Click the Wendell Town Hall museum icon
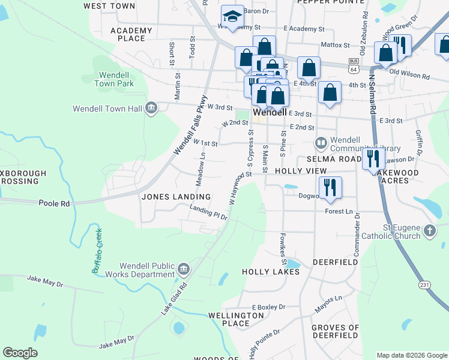click(151, 108)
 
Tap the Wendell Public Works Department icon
click(183, 268)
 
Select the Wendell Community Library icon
click(321, 143)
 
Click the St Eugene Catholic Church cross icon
click(429, 230)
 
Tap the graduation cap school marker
click(231, 17)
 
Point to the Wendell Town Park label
click(114, 79)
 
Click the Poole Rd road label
click(54, 203)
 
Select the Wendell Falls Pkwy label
click(190, 126)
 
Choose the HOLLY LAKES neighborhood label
click(270, 272)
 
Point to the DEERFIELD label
click(335, 262)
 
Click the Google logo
click(20, 353)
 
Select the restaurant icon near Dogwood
click(330, 187)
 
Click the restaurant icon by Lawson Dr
click(373, 159)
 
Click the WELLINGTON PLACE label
click(235, 319)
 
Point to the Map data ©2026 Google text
click(411, 355)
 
